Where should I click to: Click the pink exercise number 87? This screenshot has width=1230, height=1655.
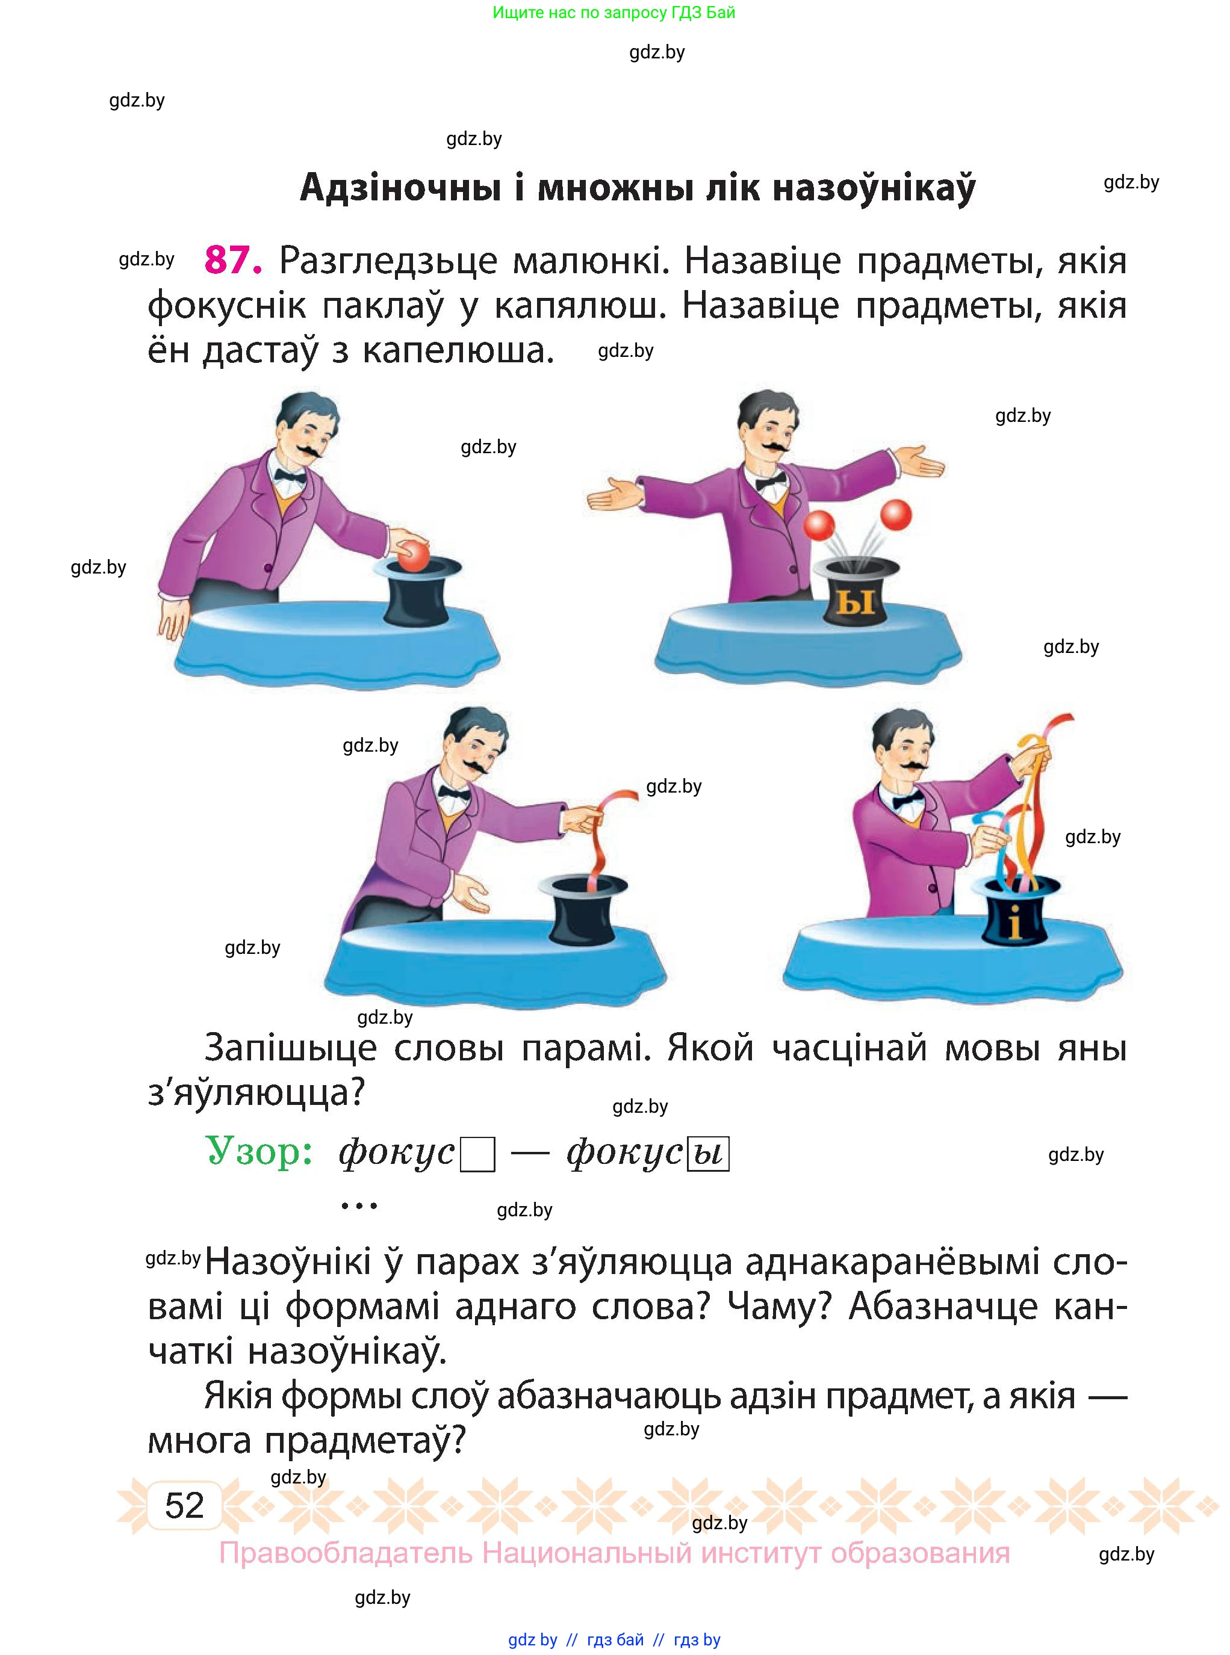[x=233, y=261]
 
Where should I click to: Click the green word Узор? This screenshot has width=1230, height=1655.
[x=258, y=1151]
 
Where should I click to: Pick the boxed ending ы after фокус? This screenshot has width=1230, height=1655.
[x=707, y=1154]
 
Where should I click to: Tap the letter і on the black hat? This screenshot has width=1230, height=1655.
[x=1013, y=925]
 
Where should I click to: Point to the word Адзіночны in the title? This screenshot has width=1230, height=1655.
[x=400, y=188]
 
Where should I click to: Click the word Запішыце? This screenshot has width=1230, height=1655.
[x=290, y=1048]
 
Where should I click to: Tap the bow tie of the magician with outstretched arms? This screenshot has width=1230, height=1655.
[x=771, y=481]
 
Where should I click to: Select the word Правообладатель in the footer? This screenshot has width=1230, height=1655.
[x=346, y=1554]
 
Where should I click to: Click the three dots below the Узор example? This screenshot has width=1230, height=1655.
[x=359, y=1206]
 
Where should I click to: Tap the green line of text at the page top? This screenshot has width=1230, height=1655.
[x=613, y=13]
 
